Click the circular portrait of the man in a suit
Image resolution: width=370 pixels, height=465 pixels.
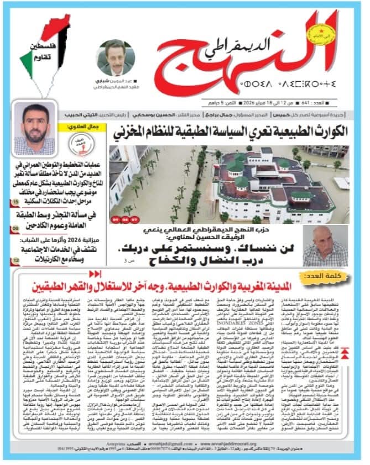[x=116, y=58]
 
